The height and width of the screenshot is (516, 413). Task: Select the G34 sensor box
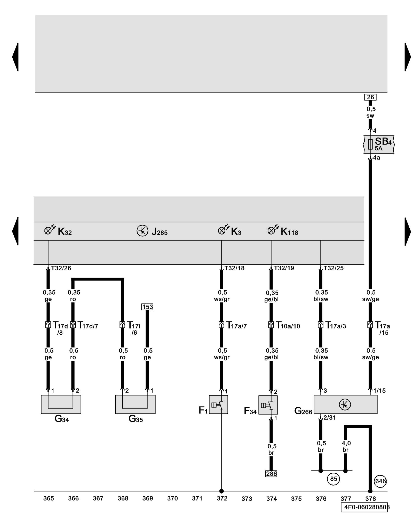[61, 404]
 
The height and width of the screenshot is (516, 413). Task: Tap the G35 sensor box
[135, 404]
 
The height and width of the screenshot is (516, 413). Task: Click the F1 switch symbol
[218, 405]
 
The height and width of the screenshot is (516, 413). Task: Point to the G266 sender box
[345, 404]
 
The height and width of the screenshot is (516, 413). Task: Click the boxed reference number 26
[370, 97]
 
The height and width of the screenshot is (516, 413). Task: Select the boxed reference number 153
[147, 307]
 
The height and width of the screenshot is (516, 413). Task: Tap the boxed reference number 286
[271, 474]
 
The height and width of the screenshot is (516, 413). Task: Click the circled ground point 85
[333, 479]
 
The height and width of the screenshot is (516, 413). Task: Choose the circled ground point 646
[380, 481]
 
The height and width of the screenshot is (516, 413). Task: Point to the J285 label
[159, 232]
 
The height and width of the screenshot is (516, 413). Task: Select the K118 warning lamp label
[289, 232]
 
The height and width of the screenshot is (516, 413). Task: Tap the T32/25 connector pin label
[333, 268]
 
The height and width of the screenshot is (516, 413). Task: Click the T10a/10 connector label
[288, 326]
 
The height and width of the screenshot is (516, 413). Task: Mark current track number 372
[222, 498]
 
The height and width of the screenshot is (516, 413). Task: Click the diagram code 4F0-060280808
[365, 507]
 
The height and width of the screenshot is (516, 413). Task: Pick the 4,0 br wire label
[346, 446]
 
